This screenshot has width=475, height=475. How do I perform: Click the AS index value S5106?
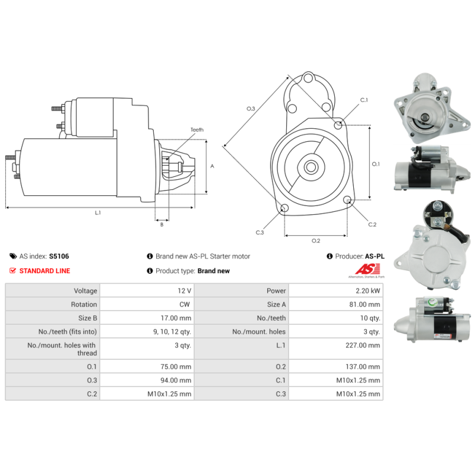59,256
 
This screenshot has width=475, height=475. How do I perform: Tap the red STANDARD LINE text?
45,271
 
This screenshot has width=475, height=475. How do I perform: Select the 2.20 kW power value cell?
369,291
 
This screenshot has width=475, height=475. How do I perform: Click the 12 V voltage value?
185,291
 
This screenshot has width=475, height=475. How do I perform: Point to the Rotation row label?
84,305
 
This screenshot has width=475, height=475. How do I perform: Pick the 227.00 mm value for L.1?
368,345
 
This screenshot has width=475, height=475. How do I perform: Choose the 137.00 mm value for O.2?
368,367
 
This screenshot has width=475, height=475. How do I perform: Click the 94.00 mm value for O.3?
179,381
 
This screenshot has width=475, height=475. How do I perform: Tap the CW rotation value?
185,305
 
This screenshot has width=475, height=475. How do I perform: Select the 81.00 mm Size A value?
368,305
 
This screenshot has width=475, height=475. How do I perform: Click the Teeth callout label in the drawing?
197,130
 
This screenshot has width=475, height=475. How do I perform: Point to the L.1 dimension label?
98,213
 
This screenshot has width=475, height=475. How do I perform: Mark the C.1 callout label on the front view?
364,100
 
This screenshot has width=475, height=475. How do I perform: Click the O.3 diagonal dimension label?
251,109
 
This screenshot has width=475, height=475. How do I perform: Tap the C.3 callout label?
259,232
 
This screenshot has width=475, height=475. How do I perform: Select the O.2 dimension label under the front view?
316,240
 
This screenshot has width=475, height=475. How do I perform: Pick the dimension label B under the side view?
161,224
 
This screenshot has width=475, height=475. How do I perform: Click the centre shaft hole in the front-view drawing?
311,167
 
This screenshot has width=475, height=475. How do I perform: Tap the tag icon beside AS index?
13,256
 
